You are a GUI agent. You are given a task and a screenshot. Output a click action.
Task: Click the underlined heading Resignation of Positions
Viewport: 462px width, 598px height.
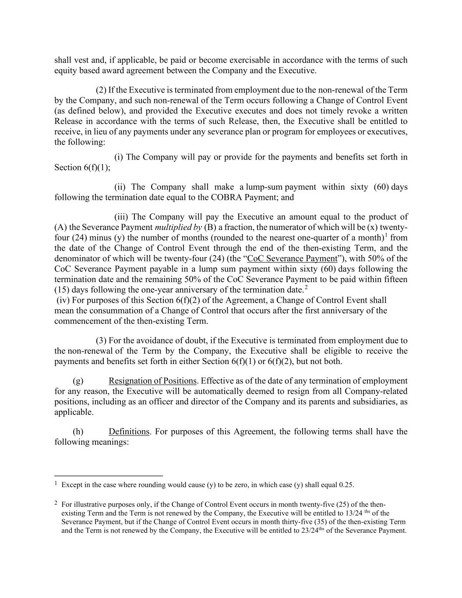tap(152, 381)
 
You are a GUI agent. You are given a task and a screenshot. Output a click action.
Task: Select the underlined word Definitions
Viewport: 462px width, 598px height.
tap(129, 432)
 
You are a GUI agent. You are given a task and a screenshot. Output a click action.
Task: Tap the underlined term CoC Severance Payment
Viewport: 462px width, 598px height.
tap(292, 258)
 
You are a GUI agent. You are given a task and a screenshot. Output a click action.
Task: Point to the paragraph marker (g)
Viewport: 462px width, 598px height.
tap(78, 381)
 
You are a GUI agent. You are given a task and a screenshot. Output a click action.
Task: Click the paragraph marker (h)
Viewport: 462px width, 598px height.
tap(78, 432)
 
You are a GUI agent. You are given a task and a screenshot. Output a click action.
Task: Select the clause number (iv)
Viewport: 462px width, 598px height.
tap(63, 300)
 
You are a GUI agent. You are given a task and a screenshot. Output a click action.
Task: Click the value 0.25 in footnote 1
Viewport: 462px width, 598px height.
tap(346, 485)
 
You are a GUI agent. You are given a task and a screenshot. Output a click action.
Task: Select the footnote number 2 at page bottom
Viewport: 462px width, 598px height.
tap(56, 504)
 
